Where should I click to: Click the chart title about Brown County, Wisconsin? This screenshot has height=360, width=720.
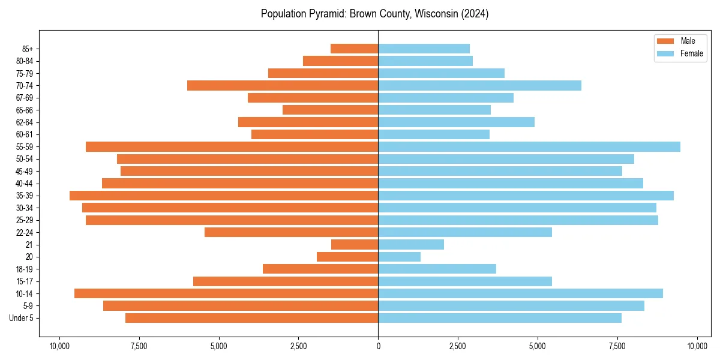tap(374, 14)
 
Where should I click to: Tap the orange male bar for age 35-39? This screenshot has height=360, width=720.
tap(224, 196)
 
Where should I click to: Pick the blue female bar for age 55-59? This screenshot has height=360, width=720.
tap(529, 147)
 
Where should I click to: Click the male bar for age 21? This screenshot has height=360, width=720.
tap(355, 245)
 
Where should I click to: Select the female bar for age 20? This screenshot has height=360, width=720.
tap(399, 257)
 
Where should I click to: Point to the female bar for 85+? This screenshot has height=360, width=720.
tap(424, 49)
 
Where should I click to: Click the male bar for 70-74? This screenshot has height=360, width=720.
tap(283, 86)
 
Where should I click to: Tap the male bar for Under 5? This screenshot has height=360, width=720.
tap(252, 318)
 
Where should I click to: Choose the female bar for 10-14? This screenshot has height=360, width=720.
tap(520, 293)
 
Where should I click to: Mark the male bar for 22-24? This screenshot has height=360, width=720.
tap(292, 232)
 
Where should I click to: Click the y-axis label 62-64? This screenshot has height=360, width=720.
tap(25, 122)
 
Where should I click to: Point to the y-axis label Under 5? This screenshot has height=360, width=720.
tap(22, 318)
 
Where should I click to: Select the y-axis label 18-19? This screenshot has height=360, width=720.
tap(25, 269)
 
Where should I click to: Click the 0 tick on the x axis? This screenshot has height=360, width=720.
tap(378, 346)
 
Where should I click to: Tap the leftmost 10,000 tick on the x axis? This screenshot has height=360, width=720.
tap(59, 346)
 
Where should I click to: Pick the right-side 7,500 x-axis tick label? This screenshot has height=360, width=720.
tap(617, 346)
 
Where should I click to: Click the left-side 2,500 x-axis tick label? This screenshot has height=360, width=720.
tap(298, 346)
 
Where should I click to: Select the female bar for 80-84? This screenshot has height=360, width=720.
tap(425, 61)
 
